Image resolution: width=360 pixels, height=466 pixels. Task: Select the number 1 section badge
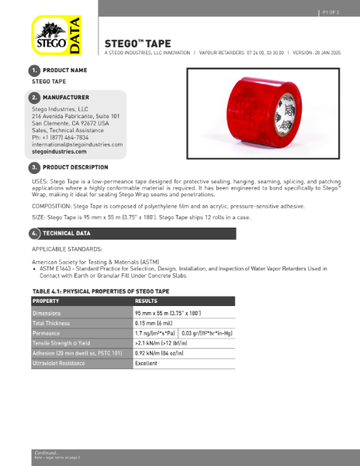(x=35, y=71)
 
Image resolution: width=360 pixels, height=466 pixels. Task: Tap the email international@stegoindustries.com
(x=77, y=144)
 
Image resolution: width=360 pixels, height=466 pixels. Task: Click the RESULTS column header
(x=147, y=301)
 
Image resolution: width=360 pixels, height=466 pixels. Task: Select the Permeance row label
(x=47, y=332)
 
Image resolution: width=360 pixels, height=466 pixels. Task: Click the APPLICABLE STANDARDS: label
(x=67, y=249)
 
